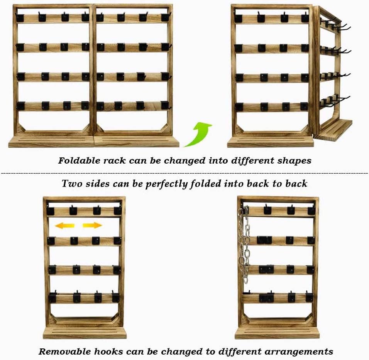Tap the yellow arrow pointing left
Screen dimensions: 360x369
64,225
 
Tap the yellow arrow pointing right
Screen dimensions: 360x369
93,225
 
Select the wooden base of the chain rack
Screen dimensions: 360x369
277,333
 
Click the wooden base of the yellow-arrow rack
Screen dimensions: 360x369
85,333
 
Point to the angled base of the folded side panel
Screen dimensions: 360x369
333,130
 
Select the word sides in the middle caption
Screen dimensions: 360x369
98,183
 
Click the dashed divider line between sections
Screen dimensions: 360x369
184,173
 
